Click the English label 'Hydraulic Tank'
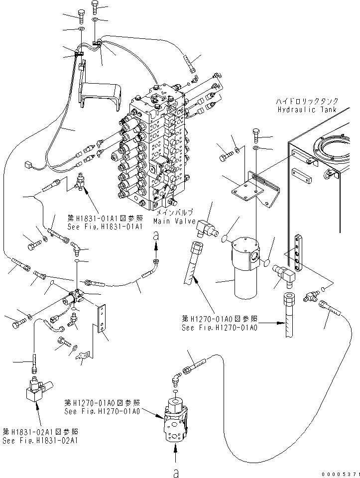307,110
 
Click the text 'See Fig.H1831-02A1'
40,441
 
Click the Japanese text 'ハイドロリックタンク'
307,101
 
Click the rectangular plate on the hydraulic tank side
302,175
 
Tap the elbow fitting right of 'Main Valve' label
206,228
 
